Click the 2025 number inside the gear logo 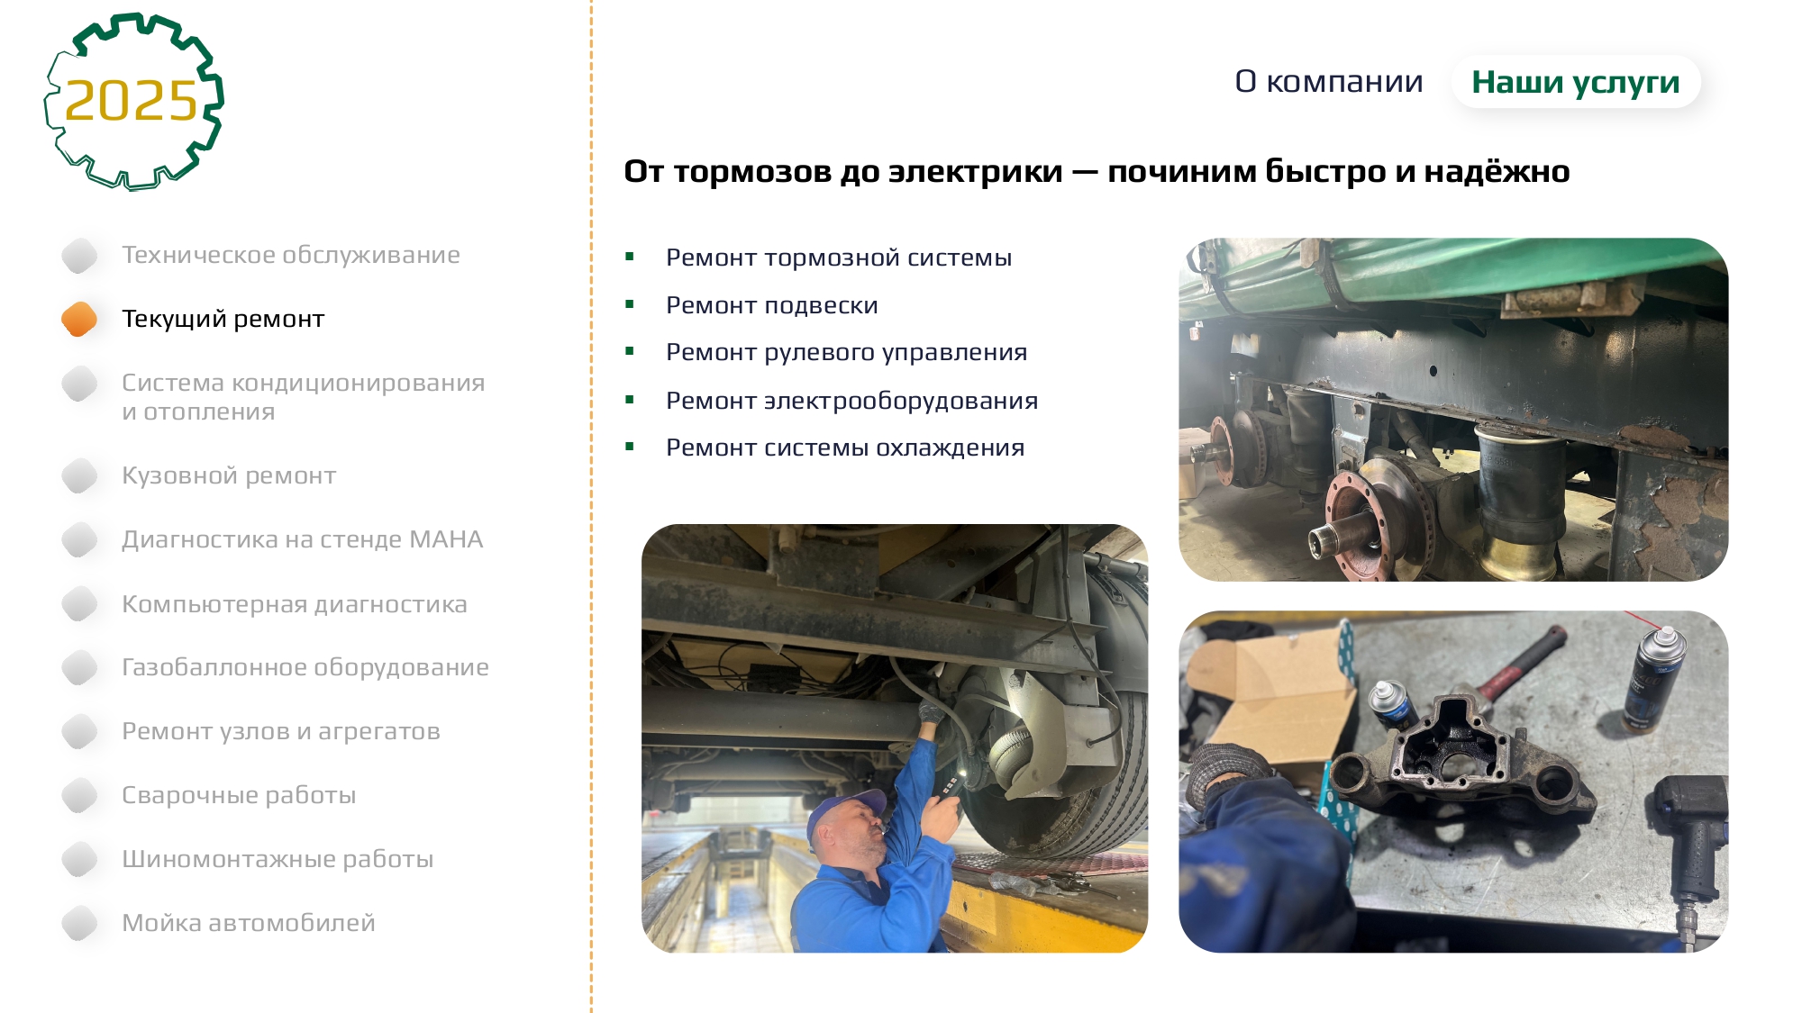click(132, 100)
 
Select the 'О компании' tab click(1329, 82)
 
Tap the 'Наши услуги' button click(1576, 82)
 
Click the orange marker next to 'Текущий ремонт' click(79, 319)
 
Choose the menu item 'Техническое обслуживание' click(291, 255)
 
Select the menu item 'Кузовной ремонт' click(229, 475)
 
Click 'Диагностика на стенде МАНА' click(303, 539)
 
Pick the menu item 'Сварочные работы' click(239, 795)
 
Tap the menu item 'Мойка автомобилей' click(249, 923)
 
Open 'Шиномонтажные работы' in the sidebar click(278, 859)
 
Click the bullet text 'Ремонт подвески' click(772, 305)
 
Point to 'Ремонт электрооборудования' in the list click(852, 401)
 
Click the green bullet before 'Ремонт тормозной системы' click(630, 258)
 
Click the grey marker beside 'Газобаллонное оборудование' click(79, 667)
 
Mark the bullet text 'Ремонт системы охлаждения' click(845, 448)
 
